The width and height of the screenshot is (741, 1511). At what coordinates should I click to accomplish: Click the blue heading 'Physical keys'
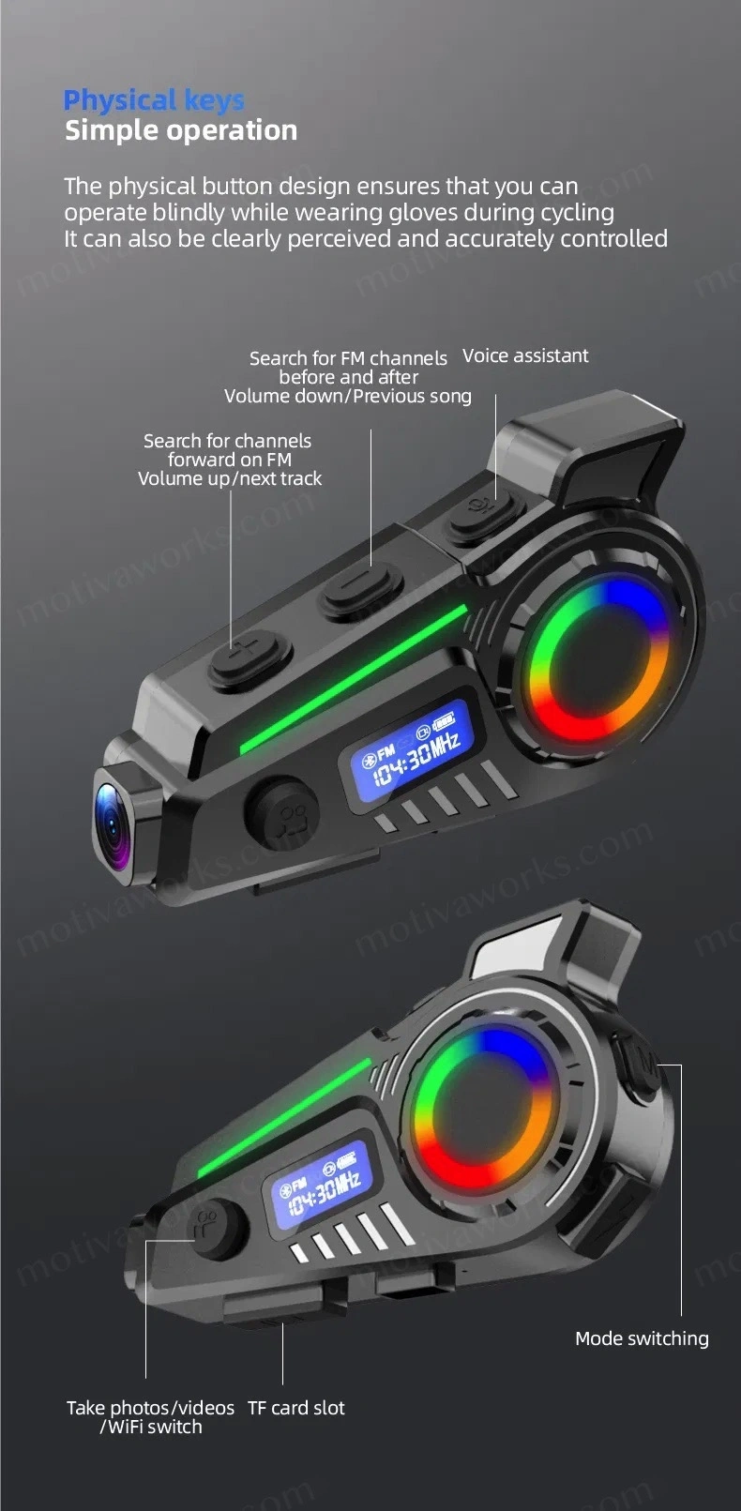(x=154, y=99)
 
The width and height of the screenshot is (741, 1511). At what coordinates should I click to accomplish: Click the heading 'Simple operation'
(x=181, y=130)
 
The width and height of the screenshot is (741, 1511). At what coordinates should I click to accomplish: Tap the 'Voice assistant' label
(x=525, y=355)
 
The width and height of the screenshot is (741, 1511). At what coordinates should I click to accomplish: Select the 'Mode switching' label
(x=642, y=1338)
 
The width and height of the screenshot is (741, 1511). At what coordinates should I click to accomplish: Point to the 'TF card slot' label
(x=296, y=1408)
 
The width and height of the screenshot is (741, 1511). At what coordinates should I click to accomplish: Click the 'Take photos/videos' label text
(x=150, y=1408)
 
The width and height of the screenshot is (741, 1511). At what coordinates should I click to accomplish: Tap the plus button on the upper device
(x=250, y=656)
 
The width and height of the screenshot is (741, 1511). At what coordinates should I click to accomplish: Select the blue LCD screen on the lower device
(x=321, y=1187)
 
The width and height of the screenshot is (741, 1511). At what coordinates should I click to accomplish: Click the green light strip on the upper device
(x=354, y=679)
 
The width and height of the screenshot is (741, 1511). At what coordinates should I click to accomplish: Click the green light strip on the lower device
(x=285, y=1118)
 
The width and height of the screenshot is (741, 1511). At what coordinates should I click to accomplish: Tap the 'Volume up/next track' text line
(x=230, y=478)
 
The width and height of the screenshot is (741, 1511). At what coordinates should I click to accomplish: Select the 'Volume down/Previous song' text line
(x=348, y=396)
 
